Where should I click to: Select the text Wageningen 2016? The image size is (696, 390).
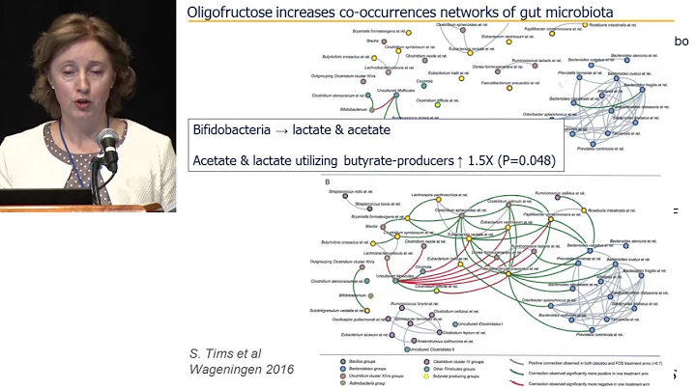pos(241,370)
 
